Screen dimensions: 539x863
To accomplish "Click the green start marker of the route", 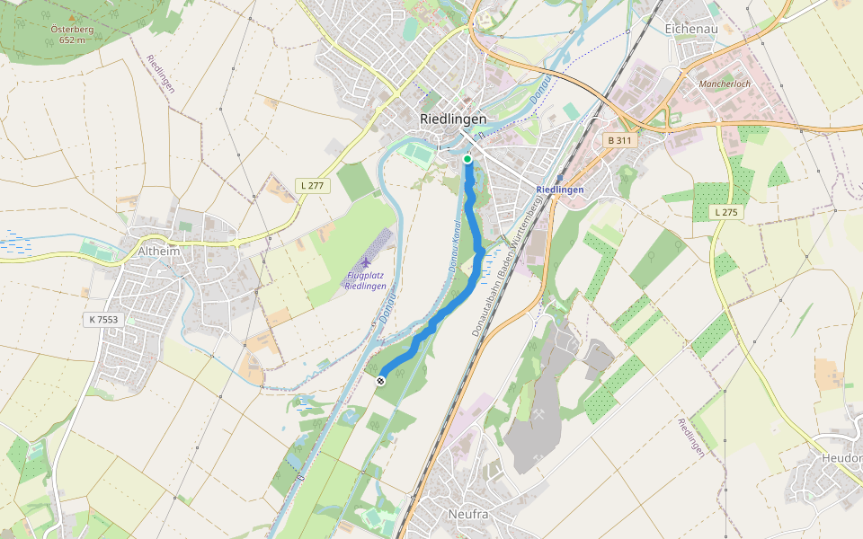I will tap(467, 159).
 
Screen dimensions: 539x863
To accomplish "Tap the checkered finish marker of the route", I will tap(381, 381).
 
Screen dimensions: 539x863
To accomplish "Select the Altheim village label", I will tap(159, 252).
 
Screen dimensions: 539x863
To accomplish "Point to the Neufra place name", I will tap(467, 515).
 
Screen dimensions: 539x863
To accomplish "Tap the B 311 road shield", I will tap(619, 140).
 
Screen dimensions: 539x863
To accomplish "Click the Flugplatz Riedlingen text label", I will tap(365, 280).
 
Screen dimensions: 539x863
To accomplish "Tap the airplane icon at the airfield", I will tap(366, 261).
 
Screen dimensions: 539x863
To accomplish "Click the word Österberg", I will tap(72, 29).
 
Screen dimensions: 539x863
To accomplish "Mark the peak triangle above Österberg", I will tap(72, 17).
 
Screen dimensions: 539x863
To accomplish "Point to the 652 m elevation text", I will tap(72, 40).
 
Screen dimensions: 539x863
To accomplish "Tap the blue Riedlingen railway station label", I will tap(560, 190).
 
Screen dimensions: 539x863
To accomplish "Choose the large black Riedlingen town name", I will tap(453, 119).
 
